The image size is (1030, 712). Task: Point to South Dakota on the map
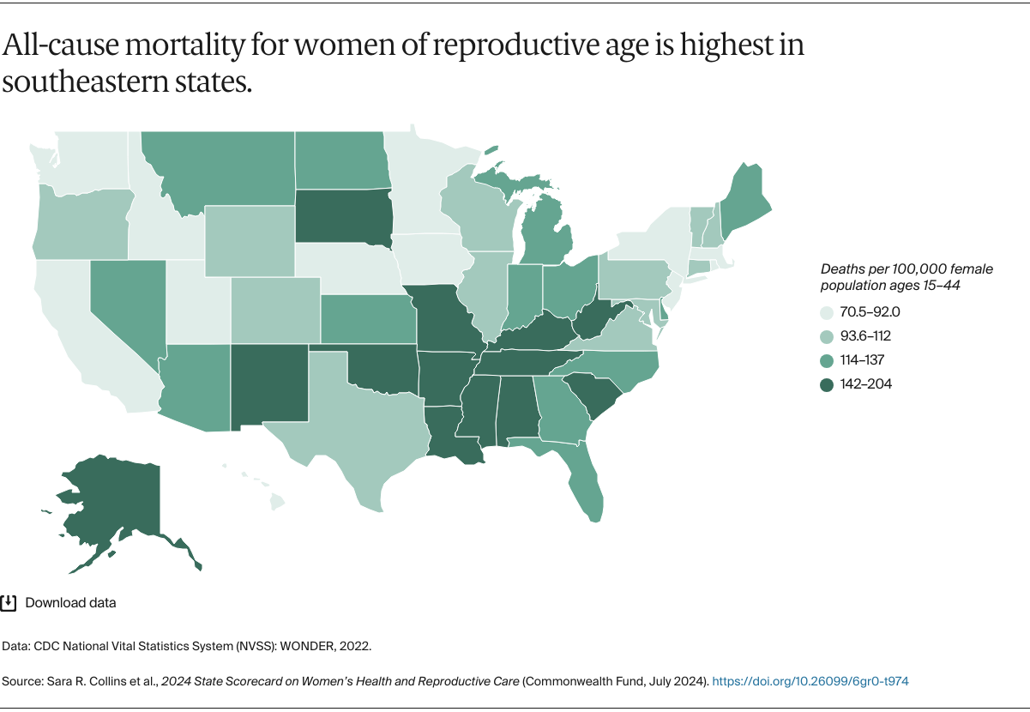[343, 214]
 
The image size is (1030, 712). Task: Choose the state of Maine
[742, 202]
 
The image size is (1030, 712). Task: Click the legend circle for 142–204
[827, 384]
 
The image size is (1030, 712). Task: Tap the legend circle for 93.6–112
[827, 336]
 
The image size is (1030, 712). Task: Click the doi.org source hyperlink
[810, 681]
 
